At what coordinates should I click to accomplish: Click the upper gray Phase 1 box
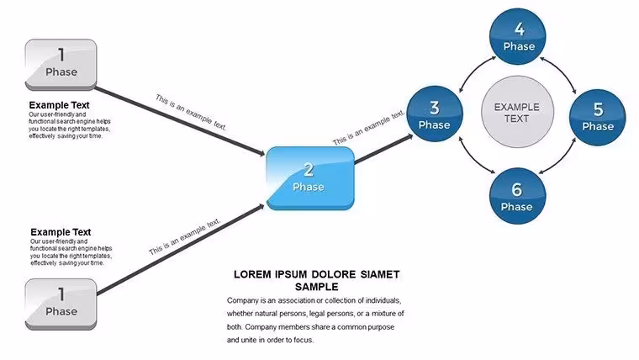point(61,65)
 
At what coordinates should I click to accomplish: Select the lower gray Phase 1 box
point(61,304)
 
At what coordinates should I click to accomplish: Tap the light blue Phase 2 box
point(310,178)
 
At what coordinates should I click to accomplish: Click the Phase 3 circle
point(435,114)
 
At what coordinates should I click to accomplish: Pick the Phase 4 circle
point(518,36)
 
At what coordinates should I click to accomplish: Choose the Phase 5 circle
point(598,118)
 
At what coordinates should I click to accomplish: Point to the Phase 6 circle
point(517,196)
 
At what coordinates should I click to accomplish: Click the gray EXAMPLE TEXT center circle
point(517,112)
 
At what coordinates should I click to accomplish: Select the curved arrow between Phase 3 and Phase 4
point(472,70)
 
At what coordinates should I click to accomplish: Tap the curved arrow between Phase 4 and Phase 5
point(562,71)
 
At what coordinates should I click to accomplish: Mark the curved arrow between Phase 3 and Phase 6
point(472,159)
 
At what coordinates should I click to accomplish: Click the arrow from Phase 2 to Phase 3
point(383,149)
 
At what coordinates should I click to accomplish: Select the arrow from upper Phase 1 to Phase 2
point(180,121)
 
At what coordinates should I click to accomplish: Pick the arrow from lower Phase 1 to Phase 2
point(181,249)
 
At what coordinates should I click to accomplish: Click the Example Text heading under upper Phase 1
point(59,105)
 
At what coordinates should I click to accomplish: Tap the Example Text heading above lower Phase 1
point(61,232)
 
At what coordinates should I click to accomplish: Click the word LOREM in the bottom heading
point(252,274)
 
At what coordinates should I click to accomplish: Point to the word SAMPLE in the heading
point(317,287)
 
